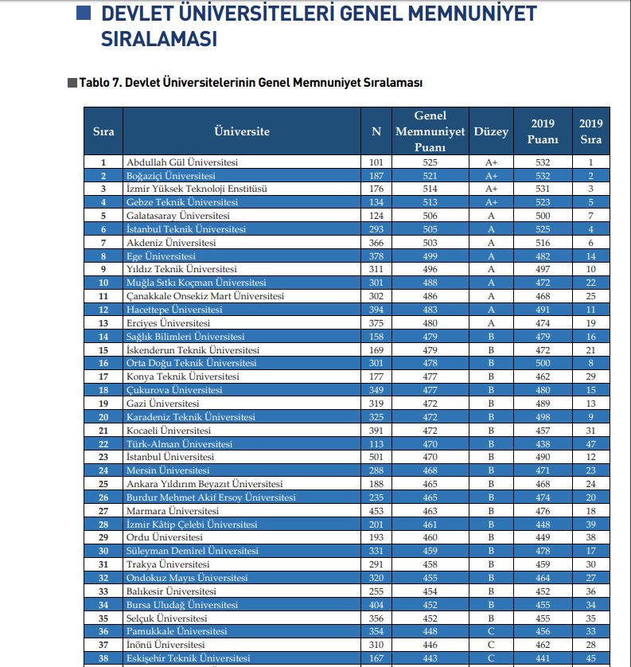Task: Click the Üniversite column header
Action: coord(242,131)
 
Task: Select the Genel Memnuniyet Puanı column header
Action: coord(430,131)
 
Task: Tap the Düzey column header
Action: coord(491,131)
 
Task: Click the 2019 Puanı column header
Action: coord(543,131)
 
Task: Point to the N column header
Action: coord(376,131)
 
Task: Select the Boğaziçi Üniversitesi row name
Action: coord(170,175)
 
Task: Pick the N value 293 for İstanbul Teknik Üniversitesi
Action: coord(376,229)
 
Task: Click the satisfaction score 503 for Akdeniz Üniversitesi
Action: coord(430,243)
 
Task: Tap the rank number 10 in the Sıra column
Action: coord(103,283)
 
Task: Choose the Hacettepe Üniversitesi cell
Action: coord(174,310)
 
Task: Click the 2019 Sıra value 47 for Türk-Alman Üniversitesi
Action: coord(590,444)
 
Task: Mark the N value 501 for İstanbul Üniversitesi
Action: coord(376,458)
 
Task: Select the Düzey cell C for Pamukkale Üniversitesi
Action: coord(491,631)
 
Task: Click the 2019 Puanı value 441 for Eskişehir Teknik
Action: coord(543,658)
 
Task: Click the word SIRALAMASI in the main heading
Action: coord(159,39)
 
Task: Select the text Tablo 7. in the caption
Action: coord(99,83)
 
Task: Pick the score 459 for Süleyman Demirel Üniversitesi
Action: coord(430,551)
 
